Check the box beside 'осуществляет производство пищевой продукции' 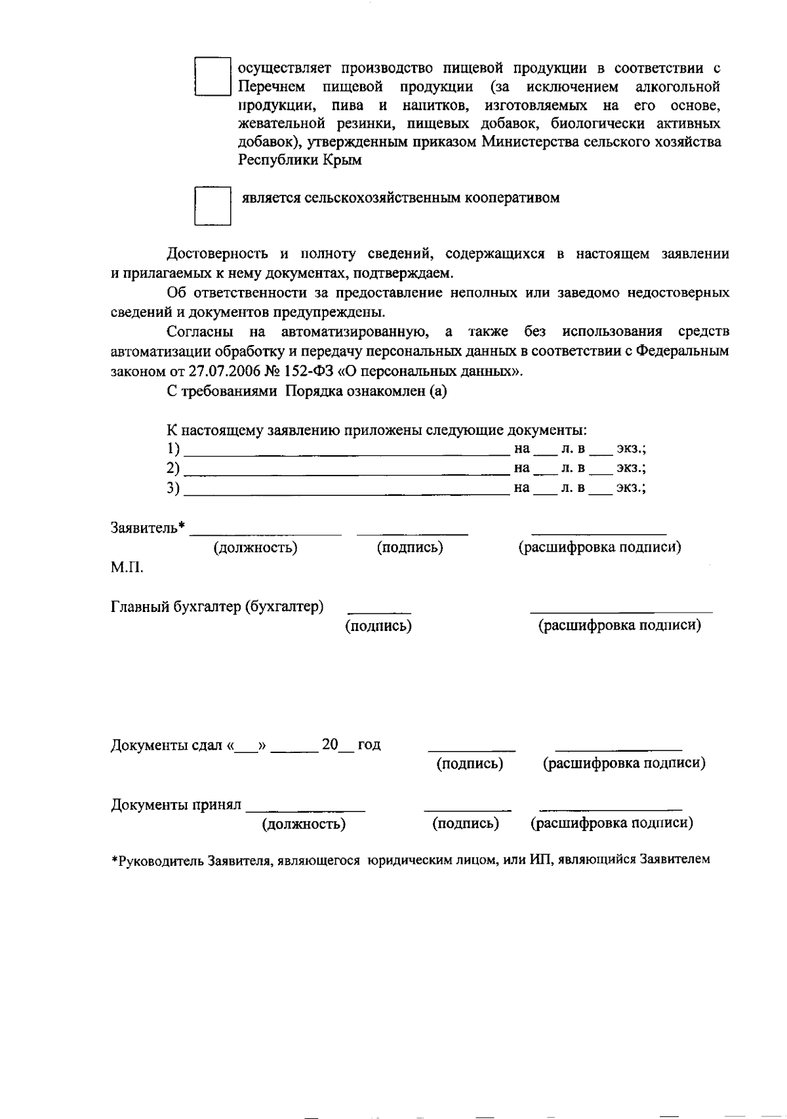(x=212, y=77)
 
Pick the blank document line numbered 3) (x=346, y=489)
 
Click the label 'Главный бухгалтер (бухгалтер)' (x=217, y=607)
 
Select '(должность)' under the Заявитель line (x=256, y=548)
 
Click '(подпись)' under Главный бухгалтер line (x=378, y=626)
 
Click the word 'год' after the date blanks (x=369, y=745)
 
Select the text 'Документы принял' (x=176, y=805)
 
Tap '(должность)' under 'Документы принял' (x=304, y=824)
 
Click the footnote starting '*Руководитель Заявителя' (x=411, y=860)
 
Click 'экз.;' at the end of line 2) (x=631, y=469)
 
